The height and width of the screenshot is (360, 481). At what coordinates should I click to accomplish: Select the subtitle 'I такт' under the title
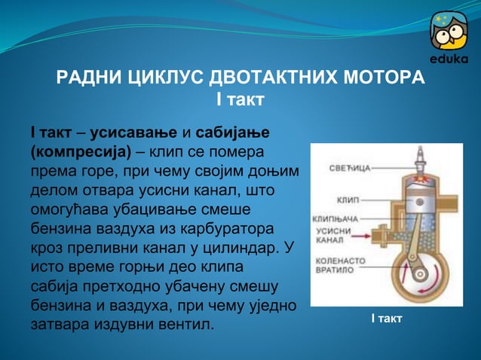click(x=240, y=99)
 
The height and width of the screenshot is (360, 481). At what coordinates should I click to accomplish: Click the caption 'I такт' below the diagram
click(x=386, y=319)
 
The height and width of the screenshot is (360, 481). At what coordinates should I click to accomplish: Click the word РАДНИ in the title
click(x=85, y=78)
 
